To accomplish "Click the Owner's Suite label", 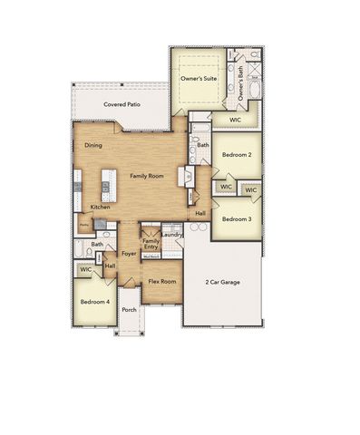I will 197,80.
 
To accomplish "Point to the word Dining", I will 93,146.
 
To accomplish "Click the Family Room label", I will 146,175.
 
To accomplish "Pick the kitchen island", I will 104,187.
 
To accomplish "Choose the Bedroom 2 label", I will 237,155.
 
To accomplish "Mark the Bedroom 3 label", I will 237,218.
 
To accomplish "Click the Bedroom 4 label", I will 94,301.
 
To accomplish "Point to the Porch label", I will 130,309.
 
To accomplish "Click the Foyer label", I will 130,254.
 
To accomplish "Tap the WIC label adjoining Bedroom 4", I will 86,270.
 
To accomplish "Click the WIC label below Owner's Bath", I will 235,120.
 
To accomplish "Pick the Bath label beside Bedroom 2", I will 203,145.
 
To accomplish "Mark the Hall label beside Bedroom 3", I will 199,213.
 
